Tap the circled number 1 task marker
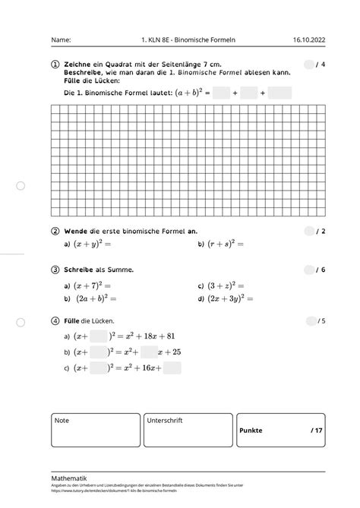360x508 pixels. pyautogui.click(x=55, y=65)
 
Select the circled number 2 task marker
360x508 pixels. pyautogui.click(x=55, y=231)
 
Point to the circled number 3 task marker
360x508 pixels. pyautogui.click(x=55, y=270)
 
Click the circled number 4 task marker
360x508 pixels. pyautogui.click(x=55, y=320)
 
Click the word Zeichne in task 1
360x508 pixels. pyautogui.click(x=80, y=65)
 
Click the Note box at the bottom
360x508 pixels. pyautogui.click(x=96, y=430)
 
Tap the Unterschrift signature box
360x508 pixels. pyautogui.click(x=187, y=430)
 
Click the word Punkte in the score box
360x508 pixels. pyautogui.click(x=251, y=431)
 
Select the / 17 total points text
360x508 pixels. pyautogui.click(x=316, y=431)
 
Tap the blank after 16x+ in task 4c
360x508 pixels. pyautogui.click(x=172, y=368)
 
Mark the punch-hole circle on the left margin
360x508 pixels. pyautogui.click(x=21, y=185)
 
